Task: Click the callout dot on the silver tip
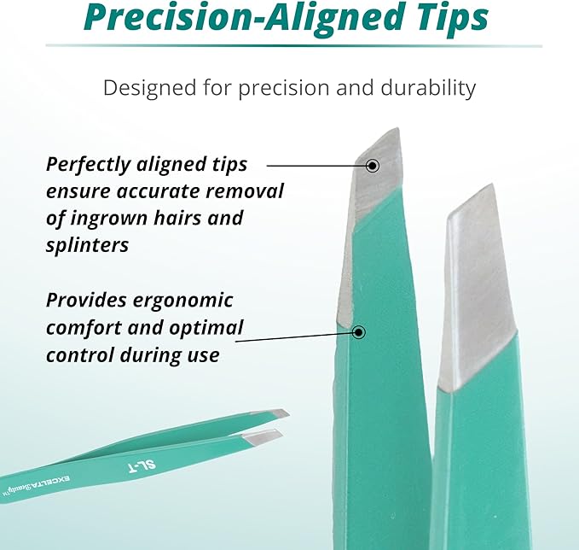click(372, 164)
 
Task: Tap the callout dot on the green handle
click(359, 331)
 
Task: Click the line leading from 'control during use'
click(294, 338)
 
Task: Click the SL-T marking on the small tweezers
click(148, 466)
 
